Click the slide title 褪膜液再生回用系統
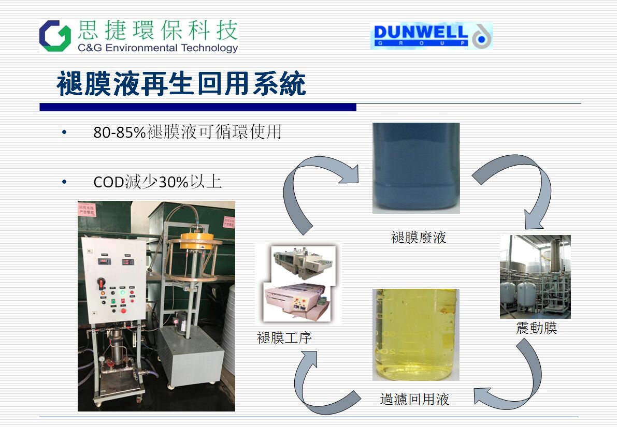pyautogui.click(x=181, y=84)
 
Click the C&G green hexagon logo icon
pyautogui.click(x=55, y=36)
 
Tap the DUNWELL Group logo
pyautogui.click(x=431, y=36)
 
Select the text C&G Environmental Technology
pyautogui.click(x=157, y=48)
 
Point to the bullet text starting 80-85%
pyautogui.click(x=187, y=132)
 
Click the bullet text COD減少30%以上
pyautogui.click(x=157, y=182)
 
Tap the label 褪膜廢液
pyautogui.click(x=419, y=238)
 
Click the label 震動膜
pyautogui.click(x=536, y=328)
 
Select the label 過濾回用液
pyautogui.click(x=414, y=399)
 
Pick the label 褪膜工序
pyautogui.click(x=284, y=338)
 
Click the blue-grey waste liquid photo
pyautogui.click(x=416, y=168)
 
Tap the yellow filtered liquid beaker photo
pyautogui.click(x=415, y=334)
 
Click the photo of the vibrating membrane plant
pyautogui.click(x=535, y=276)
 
